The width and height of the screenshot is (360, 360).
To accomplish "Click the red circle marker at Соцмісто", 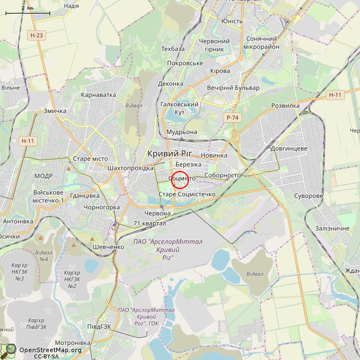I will [179, 179].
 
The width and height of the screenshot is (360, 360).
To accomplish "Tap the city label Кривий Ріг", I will [169, 154].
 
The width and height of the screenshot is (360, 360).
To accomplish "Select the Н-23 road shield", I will [37, 35].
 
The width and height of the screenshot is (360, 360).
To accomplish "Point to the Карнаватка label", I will [98, 95].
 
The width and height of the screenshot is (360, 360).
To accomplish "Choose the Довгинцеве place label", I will [289, 148].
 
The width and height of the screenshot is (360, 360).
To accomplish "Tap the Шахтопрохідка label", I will [130, 168].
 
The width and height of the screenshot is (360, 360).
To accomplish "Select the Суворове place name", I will [309, 196].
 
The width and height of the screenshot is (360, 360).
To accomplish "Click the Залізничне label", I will [332, 228].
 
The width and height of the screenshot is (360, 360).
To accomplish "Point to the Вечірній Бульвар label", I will [233, 88].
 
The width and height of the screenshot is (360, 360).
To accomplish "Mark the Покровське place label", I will [185, 63].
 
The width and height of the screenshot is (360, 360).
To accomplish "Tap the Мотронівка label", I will [73, 343].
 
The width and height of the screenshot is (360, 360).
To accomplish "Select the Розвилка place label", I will [286, 106].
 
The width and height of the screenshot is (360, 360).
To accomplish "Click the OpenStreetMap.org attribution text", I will [51, 349].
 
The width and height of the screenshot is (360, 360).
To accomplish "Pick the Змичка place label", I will [55, 111].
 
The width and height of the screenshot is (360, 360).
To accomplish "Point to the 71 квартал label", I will [150, 223].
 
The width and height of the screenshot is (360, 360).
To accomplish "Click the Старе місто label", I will [90, 159].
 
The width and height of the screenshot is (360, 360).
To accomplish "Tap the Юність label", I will [232, 21].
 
